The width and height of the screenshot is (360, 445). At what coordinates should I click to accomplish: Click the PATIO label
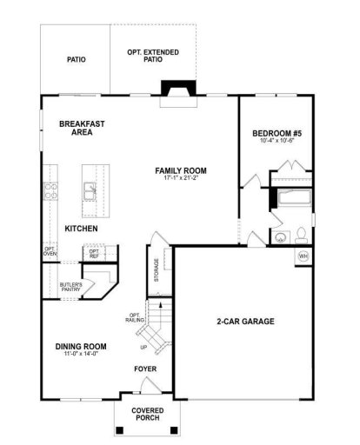(x=76, y=61)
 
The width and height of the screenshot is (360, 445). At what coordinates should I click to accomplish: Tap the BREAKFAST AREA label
(x=82, y=128)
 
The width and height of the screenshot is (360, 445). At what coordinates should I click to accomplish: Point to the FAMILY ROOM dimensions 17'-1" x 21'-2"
(x=180, y=179)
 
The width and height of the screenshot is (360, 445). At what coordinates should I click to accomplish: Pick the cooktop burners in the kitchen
(x=50, y=190)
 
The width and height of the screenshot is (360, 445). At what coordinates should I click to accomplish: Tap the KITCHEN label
(x=81, y=229)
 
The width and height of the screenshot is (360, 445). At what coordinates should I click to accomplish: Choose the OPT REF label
(x=94, y=253)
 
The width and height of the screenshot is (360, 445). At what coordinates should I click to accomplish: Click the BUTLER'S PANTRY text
(x=71, y=288)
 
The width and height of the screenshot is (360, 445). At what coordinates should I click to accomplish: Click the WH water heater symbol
(x=303, y=256)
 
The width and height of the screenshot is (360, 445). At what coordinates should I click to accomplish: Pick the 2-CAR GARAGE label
(x=245, y=322)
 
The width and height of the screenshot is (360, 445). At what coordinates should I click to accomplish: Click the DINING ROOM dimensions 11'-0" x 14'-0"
(x=79, y=355)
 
